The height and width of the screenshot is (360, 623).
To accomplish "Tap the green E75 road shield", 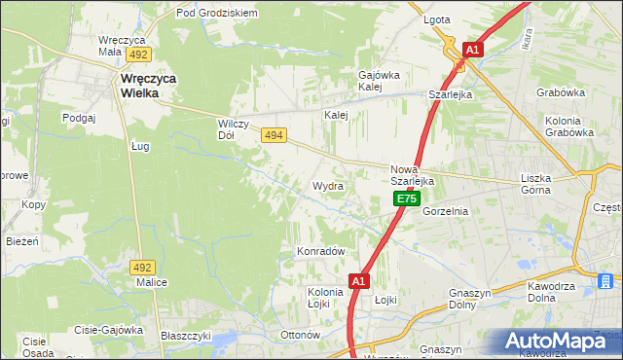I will click(x=407, y=199).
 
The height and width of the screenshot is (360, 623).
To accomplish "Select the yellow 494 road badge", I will click(x=274, y=138).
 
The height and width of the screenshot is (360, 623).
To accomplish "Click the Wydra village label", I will click(x=328, y=186).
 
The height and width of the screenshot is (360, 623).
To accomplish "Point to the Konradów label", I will click(x=321, y=251).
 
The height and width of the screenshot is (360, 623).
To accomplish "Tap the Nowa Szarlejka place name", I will click(x=412, y=174).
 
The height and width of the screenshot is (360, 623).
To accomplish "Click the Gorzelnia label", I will click(x=446, y=211).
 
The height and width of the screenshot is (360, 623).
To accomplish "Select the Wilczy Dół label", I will click(x=235, y=129).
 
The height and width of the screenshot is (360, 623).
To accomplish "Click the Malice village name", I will click(x=152, y=282).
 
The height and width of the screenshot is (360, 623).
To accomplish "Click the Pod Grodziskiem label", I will click(x=216, y=14).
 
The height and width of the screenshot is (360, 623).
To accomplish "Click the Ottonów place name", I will click(x=300, y=335).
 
